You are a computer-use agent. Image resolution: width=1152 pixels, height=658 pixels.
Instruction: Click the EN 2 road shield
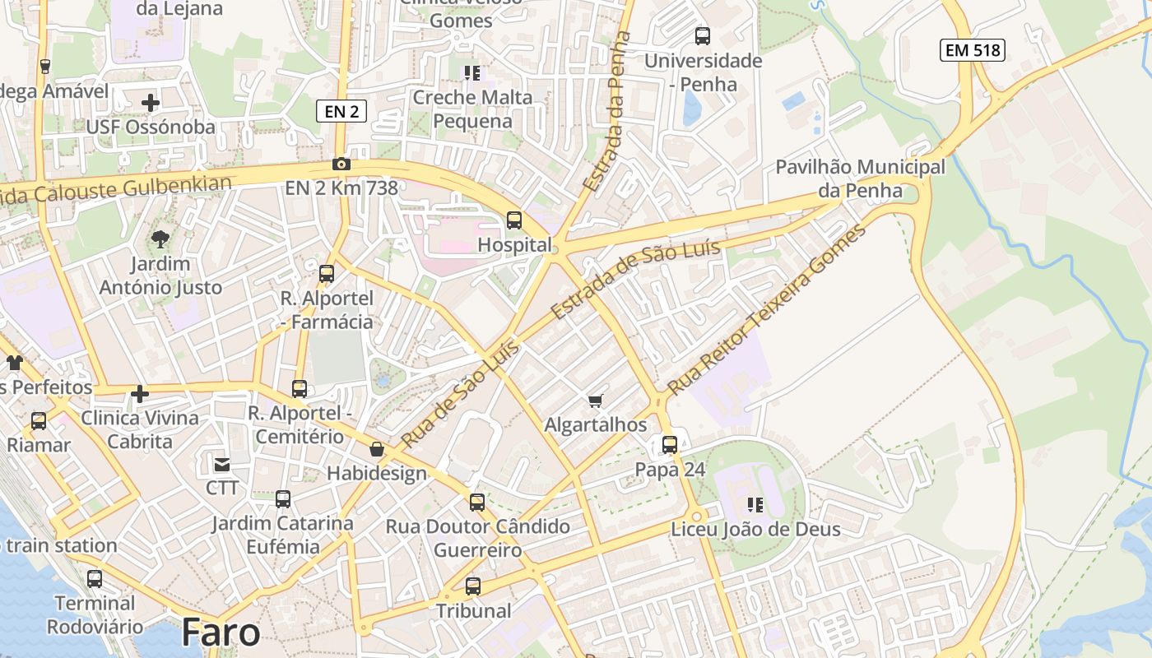coord(341,111)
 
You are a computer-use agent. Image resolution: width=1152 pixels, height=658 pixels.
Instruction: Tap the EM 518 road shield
coord(973,50)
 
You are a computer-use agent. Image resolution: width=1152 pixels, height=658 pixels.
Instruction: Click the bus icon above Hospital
coord(514,220)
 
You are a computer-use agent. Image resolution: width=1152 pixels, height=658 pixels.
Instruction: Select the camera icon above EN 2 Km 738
coord(341,164)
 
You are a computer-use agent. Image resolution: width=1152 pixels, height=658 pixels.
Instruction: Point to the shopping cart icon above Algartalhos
coord(596,401)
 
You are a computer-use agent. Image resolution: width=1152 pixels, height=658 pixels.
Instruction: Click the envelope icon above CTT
coord(222,464)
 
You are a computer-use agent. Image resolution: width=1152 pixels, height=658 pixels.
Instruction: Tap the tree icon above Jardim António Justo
coord(160,239)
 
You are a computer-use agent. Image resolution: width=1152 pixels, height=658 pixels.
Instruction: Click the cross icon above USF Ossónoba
coord(151,103)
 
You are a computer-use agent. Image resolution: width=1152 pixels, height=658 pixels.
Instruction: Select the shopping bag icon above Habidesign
coord(377,449)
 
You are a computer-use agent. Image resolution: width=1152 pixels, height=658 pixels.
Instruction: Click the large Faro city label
coord(221,632)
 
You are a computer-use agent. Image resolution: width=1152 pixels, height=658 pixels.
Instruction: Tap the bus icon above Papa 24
coord(670,445)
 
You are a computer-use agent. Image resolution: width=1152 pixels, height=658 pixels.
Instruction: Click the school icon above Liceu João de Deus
coord(755,504)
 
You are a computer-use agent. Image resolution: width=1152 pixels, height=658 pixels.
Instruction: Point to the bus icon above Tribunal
coord(473,586)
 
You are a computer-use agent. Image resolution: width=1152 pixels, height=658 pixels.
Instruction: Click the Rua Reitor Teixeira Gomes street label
coord(767,309)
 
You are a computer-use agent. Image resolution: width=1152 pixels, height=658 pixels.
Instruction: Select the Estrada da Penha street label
coord(606,112)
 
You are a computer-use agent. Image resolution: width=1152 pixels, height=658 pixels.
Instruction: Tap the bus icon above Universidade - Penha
coord(703,36)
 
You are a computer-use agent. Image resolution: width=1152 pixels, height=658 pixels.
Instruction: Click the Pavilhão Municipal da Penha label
coord(860,178)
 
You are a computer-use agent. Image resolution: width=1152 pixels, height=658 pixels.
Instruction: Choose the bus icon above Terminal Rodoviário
coord(95,579)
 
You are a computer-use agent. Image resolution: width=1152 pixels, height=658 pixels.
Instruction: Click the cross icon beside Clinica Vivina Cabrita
coord(140,394)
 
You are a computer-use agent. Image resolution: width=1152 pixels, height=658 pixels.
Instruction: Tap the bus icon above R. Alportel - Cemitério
coord(300,388)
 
